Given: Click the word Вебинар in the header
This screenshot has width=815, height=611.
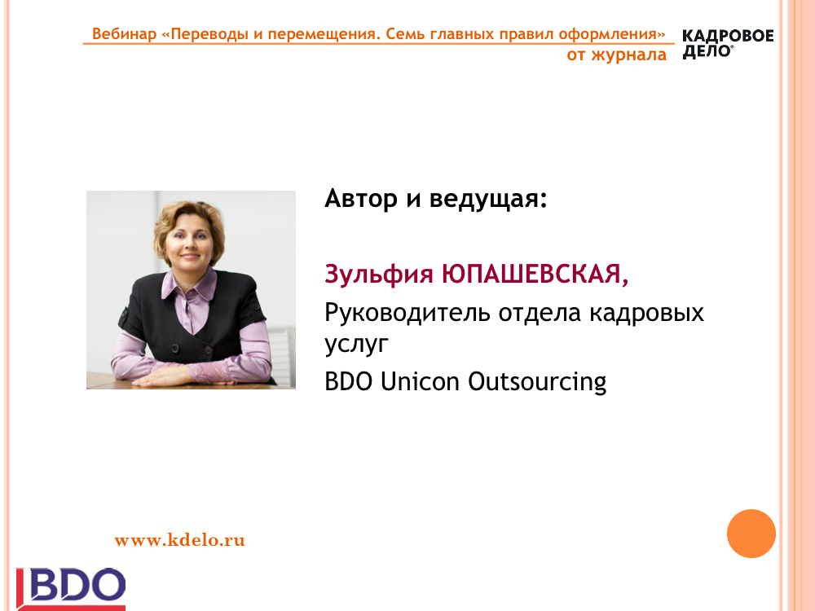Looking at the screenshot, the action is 124,33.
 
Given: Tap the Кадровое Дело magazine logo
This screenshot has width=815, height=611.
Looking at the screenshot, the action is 728,44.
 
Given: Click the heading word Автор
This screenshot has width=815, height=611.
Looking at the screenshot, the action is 361,199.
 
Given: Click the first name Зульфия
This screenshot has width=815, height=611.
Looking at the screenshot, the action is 379,275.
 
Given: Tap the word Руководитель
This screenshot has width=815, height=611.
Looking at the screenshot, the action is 407,313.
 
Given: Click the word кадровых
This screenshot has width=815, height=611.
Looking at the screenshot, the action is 646,313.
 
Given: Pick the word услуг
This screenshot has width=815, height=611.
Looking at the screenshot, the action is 357,344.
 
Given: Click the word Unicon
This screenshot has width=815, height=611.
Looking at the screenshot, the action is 420,381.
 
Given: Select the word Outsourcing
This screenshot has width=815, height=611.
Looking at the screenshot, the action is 537,382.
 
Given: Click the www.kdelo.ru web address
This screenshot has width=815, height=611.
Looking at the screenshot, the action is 179,540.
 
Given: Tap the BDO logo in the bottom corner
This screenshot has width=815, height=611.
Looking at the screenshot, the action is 71,589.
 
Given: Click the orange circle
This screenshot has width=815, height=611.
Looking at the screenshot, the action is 751,534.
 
